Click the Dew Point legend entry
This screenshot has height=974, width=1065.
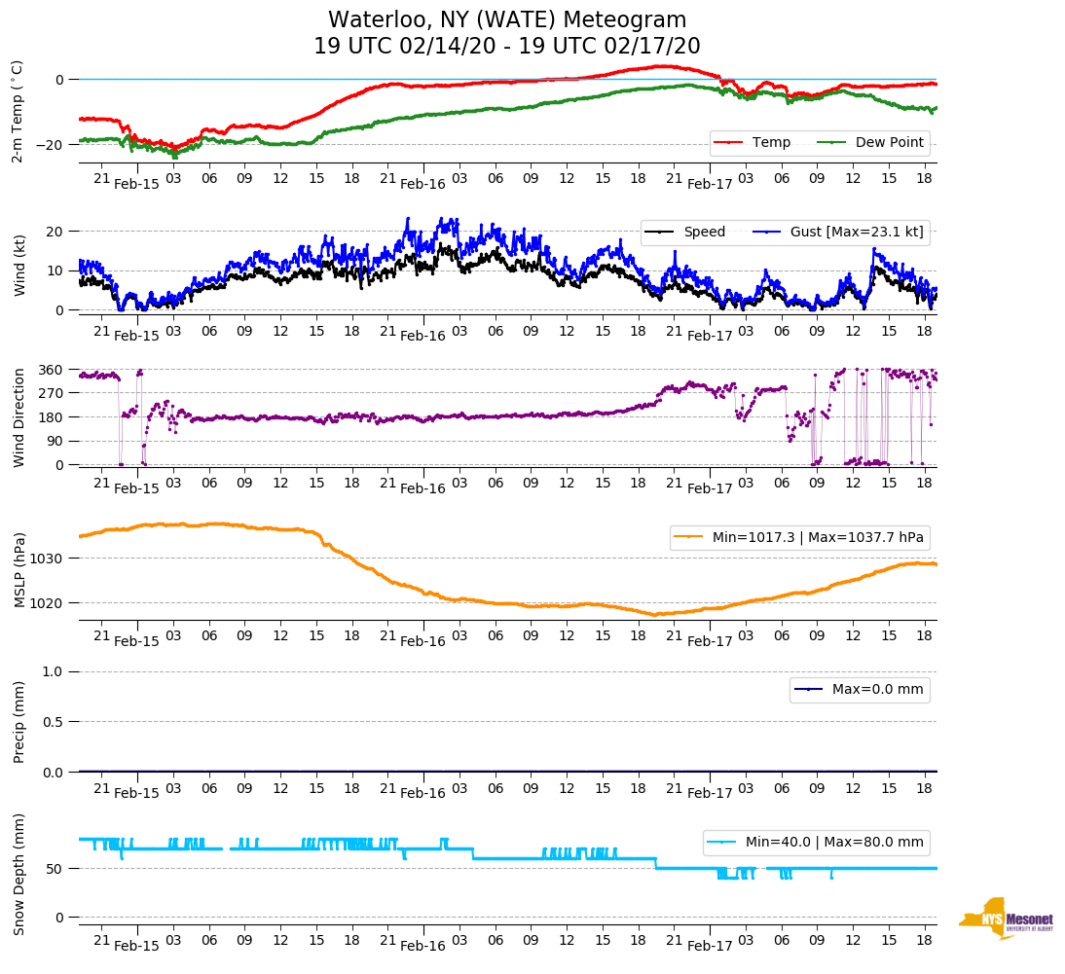(x=889, y=142)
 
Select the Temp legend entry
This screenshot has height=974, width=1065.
(x=769, y=142)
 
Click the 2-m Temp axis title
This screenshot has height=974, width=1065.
(x=17, y=110)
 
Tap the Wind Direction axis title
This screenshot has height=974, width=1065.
(x=18, y=417)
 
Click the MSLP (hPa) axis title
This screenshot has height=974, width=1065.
(x=18, y=570)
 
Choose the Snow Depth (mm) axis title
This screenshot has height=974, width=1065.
(x=18, y=874)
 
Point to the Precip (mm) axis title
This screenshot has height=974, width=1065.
(x=18, y=721)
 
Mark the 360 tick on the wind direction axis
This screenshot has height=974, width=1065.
(x=53, y=370)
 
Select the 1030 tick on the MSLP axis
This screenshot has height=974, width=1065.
(x=49, y=559)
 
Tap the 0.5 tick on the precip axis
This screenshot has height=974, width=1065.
(x=55, y=722)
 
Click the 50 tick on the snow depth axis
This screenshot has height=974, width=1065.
(x=57, y=869)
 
